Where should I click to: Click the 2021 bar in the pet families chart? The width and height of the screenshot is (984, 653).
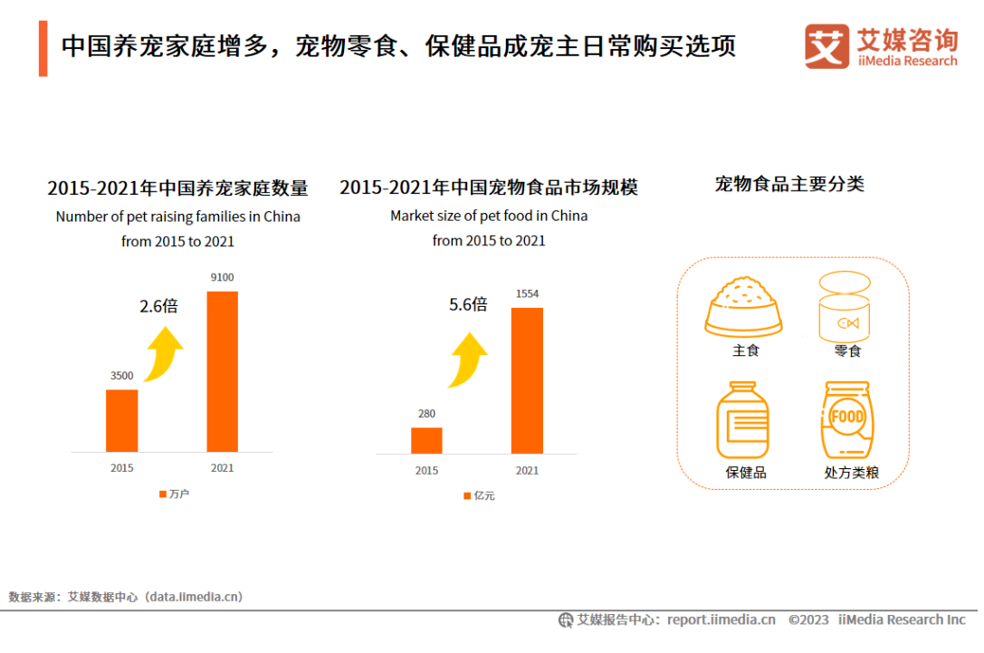coord(222,371)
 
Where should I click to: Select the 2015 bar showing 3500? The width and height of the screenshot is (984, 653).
coord(122,420)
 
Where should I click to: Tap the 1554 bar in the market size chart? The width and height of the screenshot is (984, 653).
coord(527,380)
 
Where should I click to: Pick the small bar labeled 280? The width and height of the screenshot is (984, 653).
coord(426,439)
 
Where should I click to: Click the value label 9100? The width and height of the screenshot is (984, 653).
coord(222,277)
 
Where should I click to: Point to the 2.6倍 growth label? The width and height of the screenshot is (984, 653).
coord(158,306)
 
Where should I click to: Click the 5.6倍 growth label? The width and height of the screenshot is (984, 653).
coord(468,304)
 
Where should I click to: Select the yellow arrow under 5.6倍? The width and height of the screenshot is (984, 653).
coord(468,358)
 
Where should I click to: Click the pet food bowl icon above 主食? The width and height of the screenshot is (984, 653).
coord(744,306)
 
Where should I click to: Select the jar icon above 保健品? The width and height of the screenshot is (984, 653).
coord(745,419)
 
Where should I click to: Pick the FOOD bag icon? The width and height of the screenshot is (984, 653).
coord(847,419)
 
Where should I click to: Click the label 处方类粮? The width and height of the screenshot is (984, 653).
coord(851,473)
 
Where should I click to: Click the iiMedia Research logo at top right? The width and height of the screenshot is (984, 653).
coord(880,46)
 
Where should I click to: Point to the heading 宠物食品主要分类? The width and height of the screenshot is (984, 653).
coord(789,184)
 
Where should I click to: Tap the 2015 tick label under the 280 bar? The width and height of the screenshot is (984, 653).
coord(426,470)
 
